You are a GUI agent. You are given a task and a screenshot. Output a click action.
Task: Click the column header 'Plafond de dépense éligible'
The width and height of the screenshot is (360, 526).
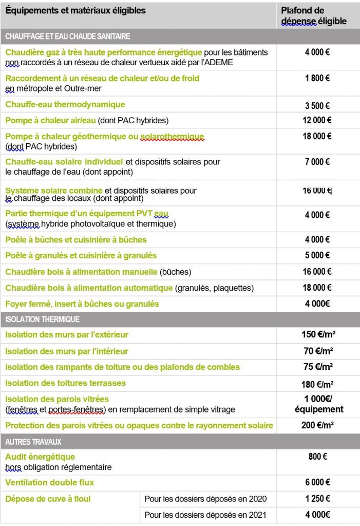point(313,16)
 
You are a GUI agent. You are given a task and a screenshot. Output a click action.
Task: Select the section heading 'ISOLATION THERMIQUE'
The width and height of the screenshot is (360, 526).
point(42,320)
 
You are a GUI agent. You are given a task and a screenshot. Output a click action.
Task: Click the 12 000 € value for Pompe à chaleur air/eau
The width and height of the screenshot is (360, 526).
point(318,120)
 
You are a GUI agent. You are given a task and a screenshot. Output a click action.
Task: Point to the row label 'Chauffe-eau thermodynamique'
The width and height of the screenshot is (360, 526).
point(65,105)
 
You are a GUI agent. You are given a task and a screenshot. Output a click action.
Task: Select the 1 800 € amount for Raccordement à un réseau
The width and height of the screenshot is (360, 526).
point(318,79)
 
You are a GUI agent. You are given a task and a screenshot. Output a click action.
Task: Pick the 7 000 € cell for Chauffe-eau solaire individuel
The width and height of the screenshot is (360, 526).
point(318,162)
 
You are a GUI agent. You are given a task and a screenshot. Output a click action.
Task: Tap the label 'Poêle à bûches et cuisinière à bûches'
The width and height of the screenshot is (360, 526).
point(76,240)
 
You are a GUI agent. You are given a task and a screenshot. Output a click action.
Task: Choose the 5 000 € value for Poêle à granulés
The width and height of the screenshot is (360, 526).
point(318,255)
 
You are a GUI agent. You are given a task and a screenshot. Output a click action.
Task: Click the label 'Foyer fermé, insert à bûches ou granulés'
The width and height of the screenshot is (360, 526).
point(82,304)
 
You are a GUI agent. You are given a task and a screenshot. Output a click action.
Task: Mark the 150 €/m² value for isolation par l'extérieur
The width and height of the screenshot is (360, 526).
point(318,335)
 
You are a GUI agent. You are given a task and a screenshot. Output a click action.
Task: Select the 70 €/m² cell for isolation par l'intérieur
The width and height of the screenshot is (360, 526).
point(318,351)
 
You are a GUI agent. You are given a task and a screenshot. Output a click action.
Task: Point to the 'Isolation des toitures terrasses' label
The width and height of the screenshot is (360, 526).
point(65,383)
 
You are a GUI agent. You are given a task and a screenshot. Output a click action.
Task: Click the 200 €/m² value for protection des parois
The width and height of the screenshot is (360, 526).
point(318,426)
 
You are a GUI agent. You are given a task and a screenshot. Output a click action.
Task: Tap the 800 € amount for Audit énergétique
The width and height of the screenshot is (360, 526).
point(318,457)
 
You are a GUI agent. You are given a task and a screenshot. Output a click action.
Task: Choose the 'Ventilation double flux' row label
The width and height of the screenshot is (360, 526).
point(50,483)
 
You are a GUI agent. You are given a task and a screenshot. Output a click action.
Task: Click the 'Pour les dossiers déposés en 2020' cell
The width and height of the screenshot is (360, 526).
point(205,499)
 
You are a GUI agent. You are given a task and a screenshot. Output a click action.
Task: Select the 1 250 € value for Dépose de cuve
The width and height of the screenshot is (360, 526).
point(318,499)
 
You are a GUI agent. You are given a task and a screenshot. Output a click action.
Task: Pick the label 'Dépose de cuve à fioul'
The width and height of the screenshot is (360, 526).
point(48,499)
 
